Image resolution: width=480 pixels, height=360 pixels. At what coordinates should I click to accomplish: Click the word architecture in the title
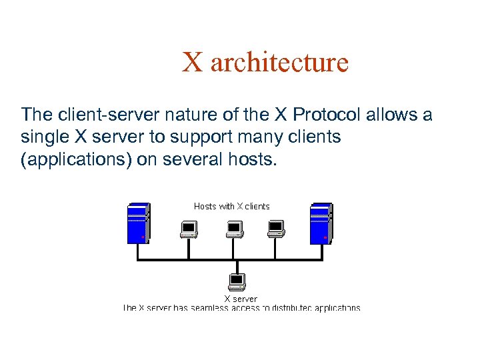click(279, 63)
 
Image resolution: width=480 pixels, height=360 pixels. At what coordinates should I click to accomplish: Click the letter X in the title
click(193, 63)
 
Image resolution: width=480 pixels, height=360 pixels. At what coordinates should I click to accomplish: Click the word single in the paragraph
click(44, 137)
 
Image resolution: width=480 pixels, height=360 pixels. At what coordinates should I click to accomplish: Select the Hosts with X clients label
click(231, 206)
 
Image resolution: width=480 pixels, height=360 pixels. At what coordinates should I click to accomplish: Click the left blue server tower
click(138, 222)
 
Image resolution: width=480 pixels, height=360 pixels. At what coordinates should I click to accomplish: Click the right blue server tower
click(321, 222)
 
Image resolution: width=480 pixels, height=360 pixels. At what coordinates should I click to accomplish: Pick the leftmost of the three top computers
click(189, 229)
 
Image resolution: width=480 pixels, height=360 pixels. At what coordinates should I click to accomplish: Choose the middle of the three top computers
click(233, 229)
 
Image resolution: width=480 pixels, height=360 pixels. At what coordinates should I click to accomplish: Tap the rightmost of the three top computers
click(276, 229)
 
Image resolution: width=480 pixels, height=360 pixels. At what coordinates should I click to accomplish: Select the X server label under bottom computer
click(240, 299)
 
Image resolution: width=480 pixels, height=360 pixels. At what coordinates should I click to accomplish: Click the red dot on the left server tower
click(143, 237)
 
